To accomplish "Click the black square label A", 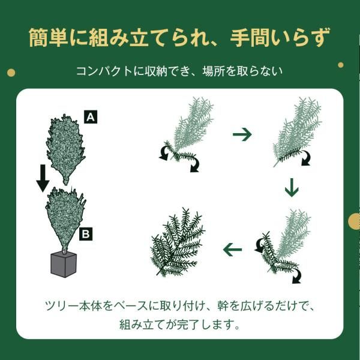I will [x=91, y=117].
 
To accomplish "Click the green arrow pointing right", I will [x=242, y=134].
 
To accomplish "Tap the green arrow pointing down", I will [x=291, y=188].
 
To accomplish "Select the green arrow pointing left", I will [x=233, y=248].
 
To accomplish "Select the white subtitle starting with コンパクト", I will [x=179, y=71].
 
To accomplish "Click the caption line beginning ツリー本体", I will [x=179, y=306].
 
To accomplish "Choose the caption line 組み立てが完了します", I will [x=179, y=326].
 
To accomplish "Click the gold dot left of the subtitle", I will [x=11, y=73].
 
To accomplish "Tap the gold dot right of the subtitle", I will [x=340, y=65].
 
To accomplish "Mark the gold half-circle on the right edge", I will [x=355, y=220].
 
